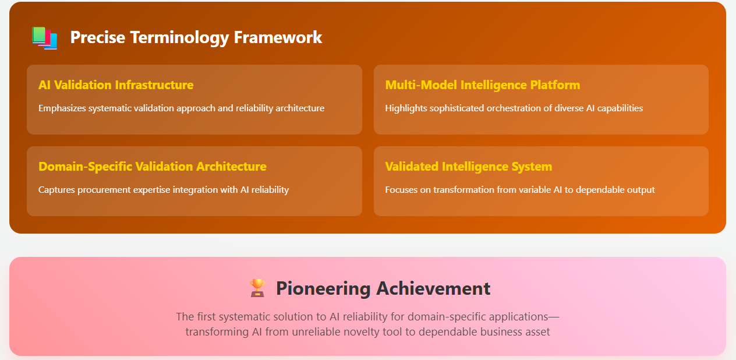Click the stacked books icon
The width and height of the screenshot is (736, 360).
point(44,38)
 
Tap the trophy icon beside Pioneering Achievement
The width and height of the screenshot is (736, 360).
point(257,288)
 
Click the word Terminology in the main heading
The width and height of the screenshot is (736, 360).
point(179,38)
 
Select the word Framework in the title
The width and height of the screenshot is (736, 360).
point(278,37)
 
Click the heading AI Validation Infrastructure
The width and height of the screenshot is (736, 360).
point(116,85)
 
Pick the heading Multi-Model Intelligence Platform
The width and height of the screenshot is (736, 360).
point(482,85)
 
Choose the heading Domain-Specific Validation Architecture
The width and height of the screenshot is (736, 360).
point(152,167)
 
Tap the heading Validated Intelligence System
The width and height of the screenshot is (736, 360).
point(468,167)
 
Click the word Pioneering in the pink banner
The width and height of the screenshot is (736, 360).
point(323,289)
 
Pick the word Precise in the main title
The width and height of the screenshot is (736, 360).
point(98,37)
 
